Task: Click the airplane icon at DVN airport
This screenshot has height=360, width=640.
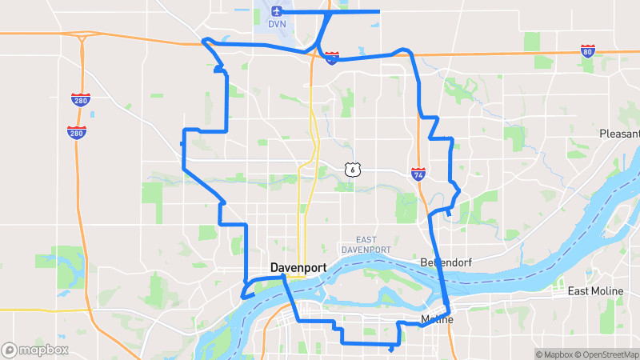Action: pyautogui.click(x=277, y=11)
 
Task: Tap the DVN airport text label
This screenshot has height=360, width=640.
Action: pyautogui.click(x=277, y=24)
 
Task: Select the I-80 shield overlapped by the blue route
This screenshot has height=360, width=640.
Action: pyautogui.click(x=332, y=57)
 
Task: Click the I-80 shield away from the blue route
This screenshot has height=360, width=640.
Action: pyautogui.click(x=588, y=51)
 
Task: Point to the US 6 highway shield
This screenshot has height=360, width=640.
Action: pyautogui.click(x=352, y=169)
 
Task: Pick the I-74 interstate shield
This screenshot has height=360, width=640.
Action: pyautogui.click(x=418, y=173)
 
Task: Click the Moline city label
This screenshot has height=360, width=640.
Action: pyautogui.click(x=437, y=320)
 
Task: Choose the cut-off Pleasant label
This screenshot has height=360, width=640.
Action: pyautogui.click(x=620, y=134)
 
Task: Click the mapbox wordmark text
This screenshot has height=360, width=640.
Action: pyautogui.click(x=43, y=350)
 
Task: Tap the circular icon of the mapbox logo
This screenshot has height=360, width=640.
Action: pyautogui.click(x=10, y=350)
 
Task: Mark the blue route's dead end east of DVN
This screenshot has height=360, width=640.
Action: pyautogui.click(x=378, y=11)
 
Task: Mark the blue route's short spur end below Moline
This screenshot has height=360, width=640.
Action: pyautogui.click(x=390, y=350)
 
